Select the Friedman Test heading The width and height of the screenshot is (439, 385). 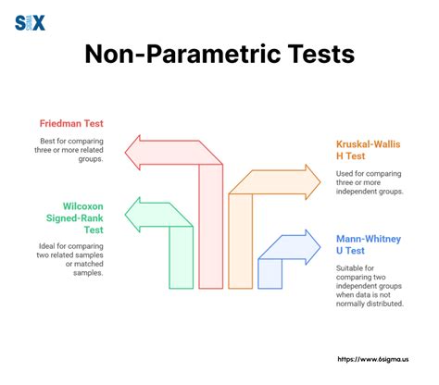[x=71, y=123]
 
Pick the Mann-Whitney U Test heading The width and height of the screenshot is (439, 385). [x=369, y=246]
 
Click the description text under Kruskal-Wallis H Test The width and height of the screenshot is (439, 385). [x=371, y=185]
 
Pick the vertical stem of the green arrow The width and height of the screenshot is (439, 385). [x=181, y=259]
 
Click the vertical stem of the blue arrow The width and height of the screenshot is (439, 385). [x=270, y=273]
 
